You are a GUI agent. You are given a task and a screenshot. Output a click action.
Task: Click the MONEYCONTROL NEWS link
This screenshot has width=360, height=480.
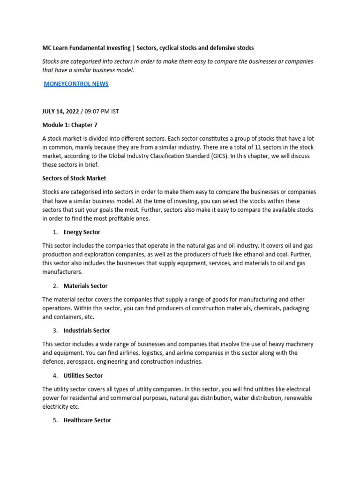pos(76,84)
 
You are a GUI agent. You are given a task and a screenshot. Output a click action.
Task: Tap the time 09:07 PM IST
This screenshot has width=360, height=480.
pos(103,111)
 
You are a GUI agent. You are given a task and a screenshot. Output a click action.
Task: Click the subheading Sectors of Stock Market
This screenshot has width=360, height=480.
pos(74,178)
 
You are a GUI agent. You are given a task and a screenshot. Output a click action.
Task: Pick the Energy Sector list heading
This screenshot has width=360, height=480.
pos(82,232)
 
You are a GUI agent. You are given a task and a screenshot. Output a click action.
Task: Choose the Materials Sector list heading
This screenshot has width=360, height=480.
pos(85,286)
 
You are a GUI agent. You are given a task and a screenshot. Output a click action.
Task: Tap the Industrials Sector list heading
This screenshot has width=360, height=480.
pos(87,330)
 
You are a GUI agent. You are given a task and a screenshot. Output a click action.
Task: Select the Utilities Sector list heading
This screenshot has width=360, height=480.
pos(83,375)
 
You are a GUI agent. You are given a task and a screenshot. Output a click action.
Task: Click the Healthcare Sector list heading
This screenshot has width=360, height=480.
pos(87,420)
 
